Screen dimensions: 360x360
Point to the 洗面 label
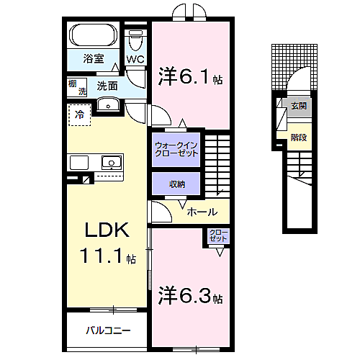[x=107, y=86]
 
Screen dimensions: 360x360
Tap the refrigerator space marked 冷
[x=80, y=114]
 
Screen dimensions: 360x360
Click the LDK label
[x=107, y=230]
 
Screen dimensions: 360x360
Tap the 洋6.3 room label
[x=189, y=295]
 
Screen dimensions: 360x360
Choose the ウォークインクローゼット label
[x=176, y=150]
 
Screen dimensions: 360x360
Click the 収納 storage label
[x=177, y=184]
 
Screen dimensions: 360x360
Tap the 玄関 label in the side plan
[x=298, y=105]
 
